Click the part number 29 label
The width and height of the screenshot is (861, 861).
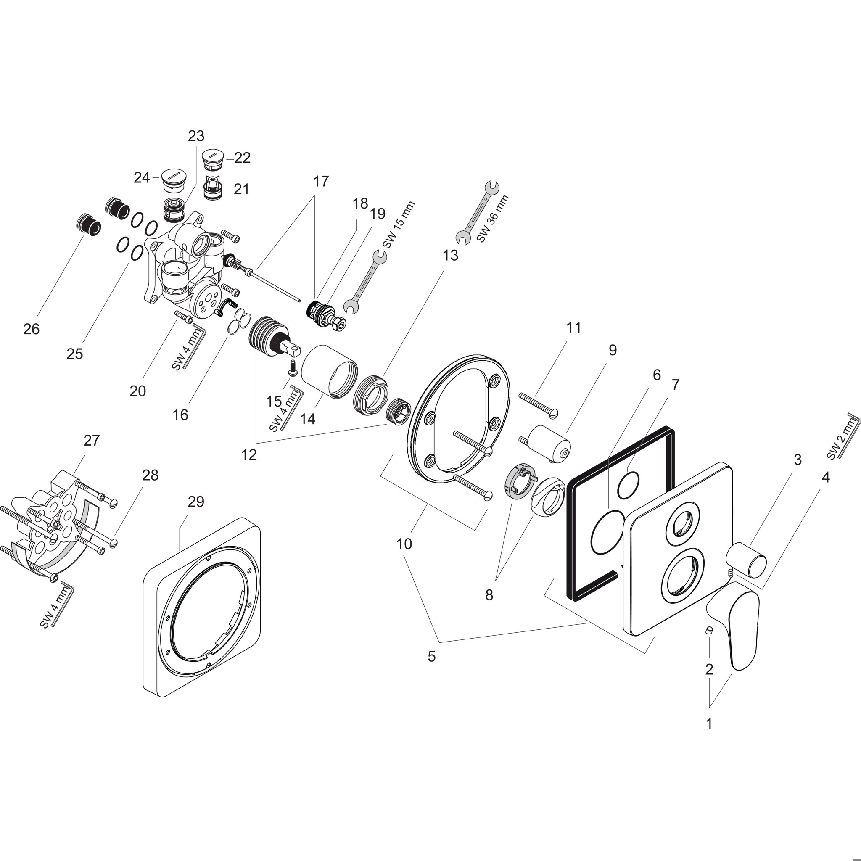195,502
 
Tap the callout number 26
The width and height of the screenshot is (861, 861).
32,329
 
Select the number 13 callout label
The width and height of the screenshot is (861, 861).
450,255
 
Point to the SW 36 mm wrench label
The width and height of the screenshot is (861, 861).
493,218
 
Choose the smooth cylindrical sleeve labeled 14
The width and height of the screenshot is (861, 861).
327,371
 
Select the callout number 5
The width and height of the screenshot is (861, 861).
431,656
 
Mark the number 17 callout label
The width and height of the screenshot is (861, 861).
321,181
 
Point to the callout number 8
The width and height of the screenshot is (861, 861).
489,594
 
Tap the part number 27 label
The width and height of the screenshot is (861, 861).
91,440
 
